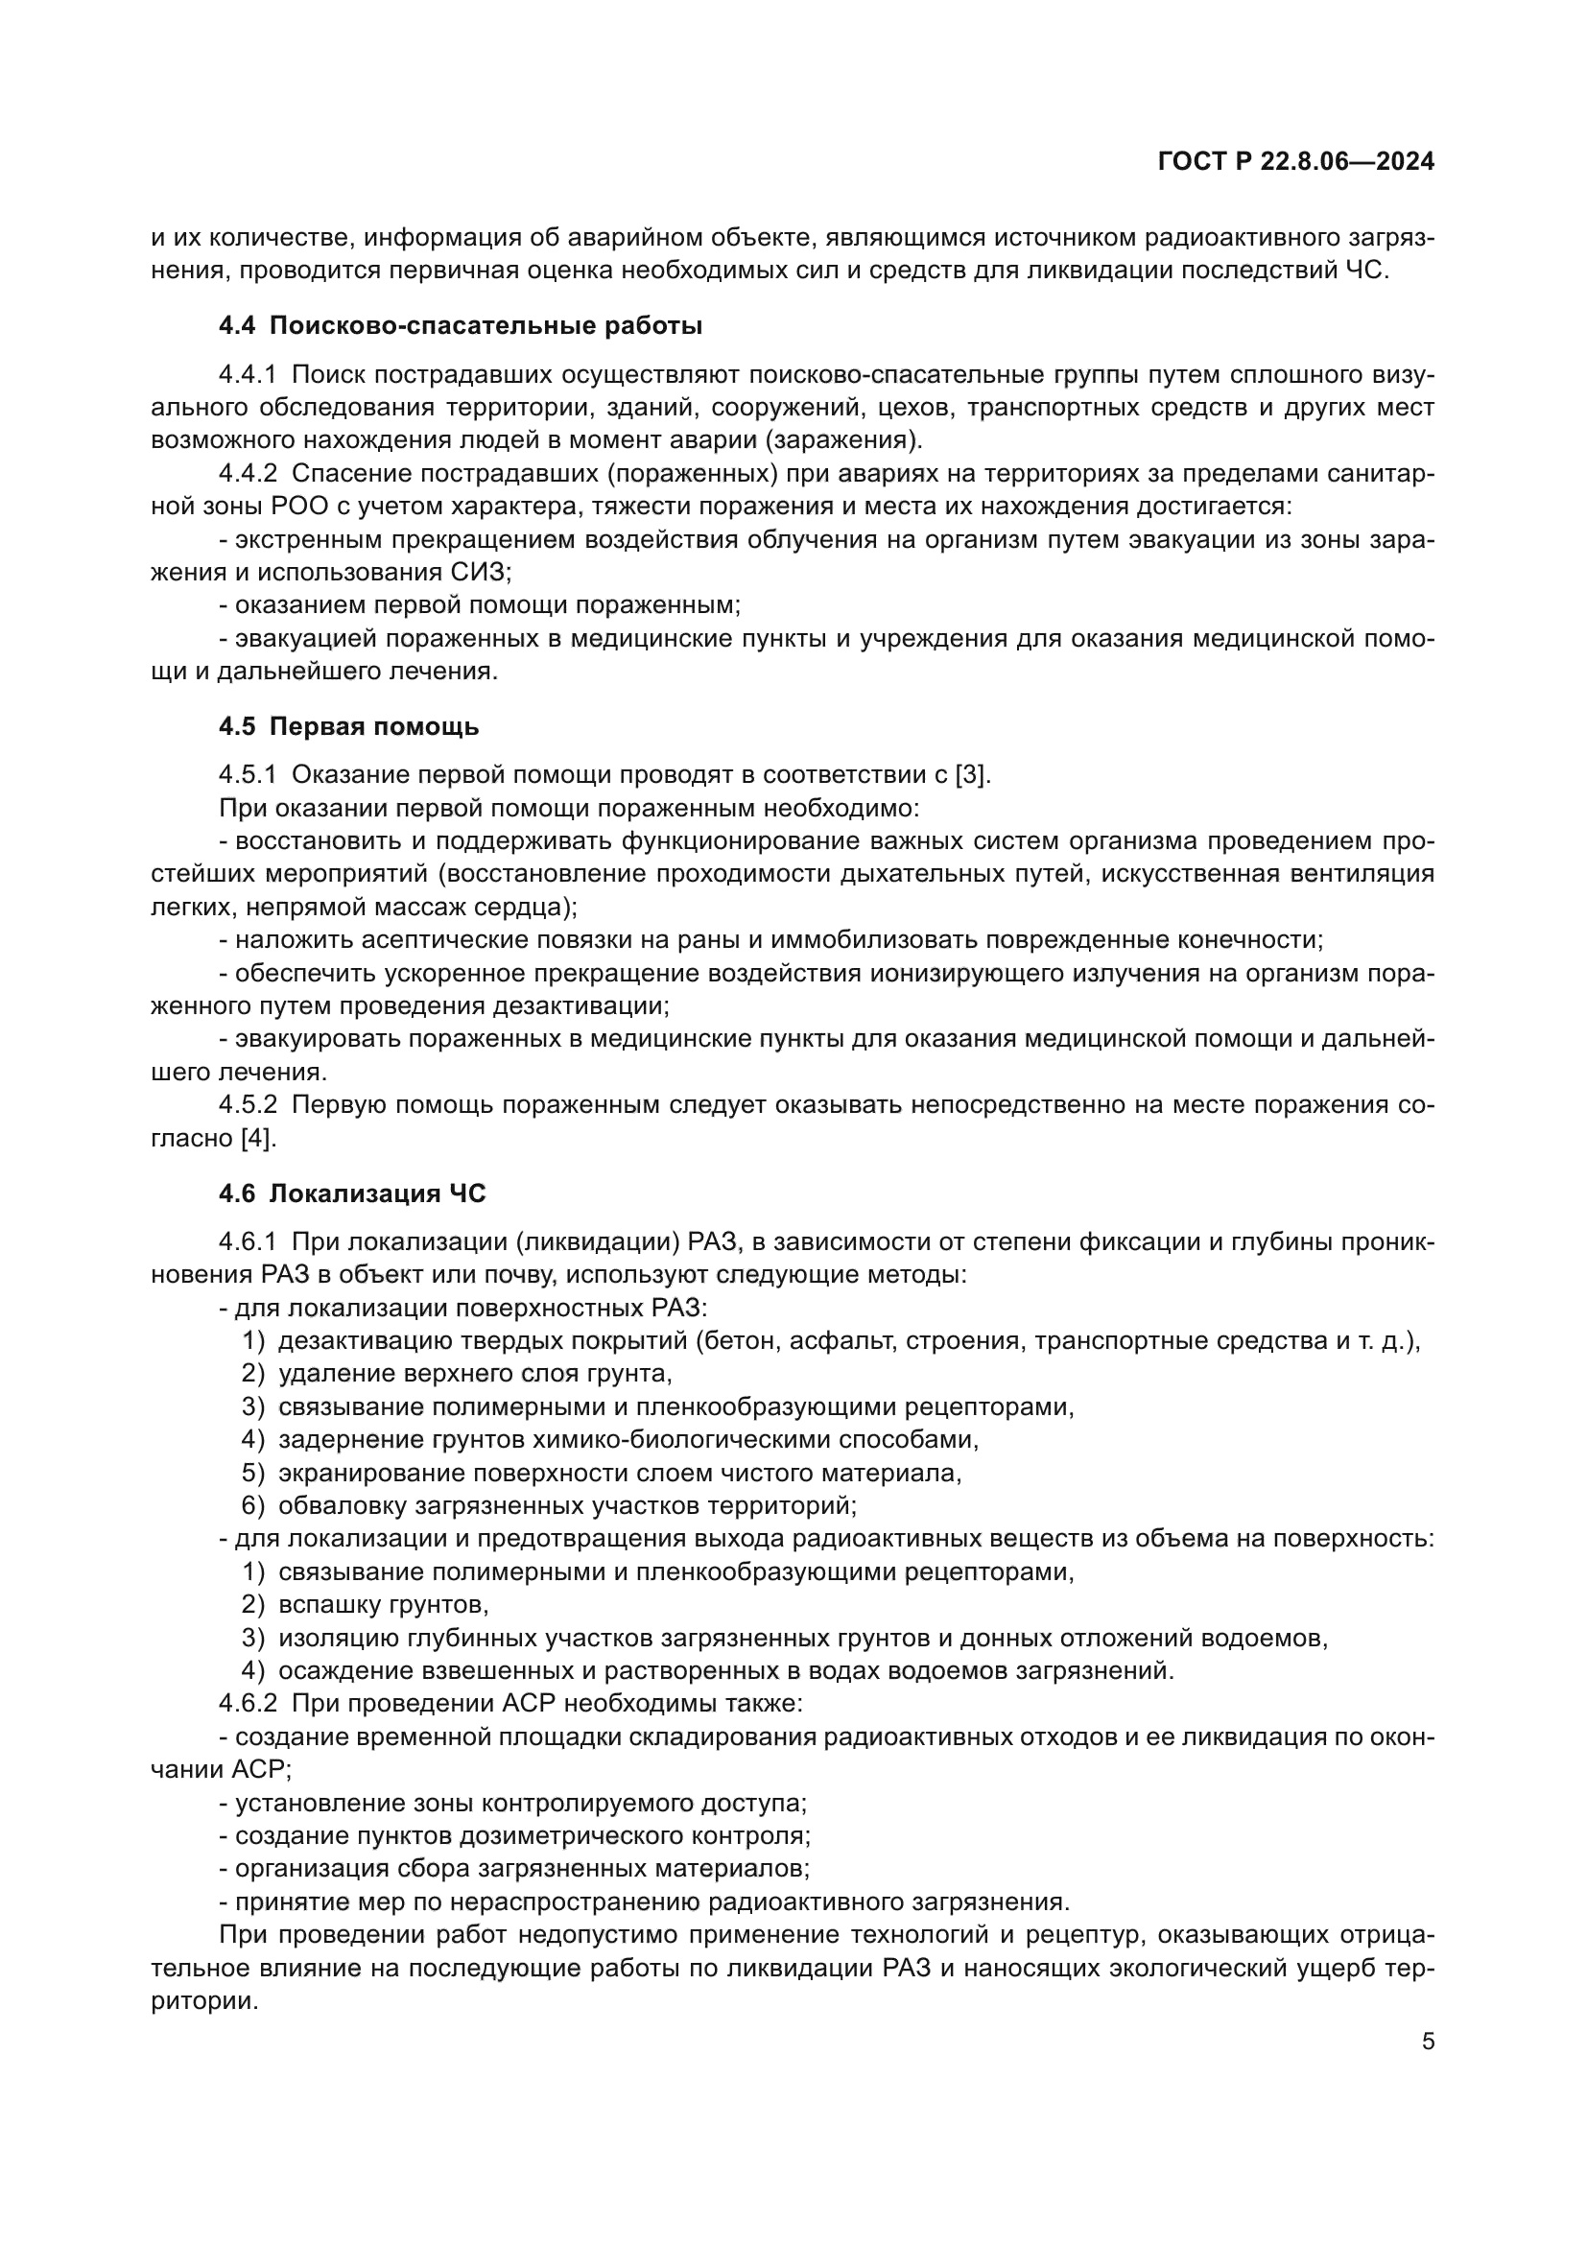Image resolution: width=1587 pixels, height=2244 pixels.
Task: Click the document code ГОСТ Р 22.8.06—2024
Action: coord(1295,162)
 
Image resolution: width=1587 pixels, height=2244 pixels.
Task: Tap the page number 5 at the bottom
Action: coord(1428,2041)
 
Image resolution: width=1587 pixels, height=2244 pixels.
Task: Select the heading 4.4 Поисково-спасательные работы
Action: coord(461,325)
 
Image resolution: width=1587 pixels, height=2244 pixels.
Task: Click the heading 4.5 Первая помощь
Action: coord(349,726)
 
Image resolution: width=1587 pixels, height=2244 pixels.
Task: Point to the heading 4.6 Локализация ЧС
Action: coord(352,1193)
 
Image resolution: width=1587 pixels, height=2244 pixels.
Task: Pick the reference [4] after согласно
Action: coord(258,1138)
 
